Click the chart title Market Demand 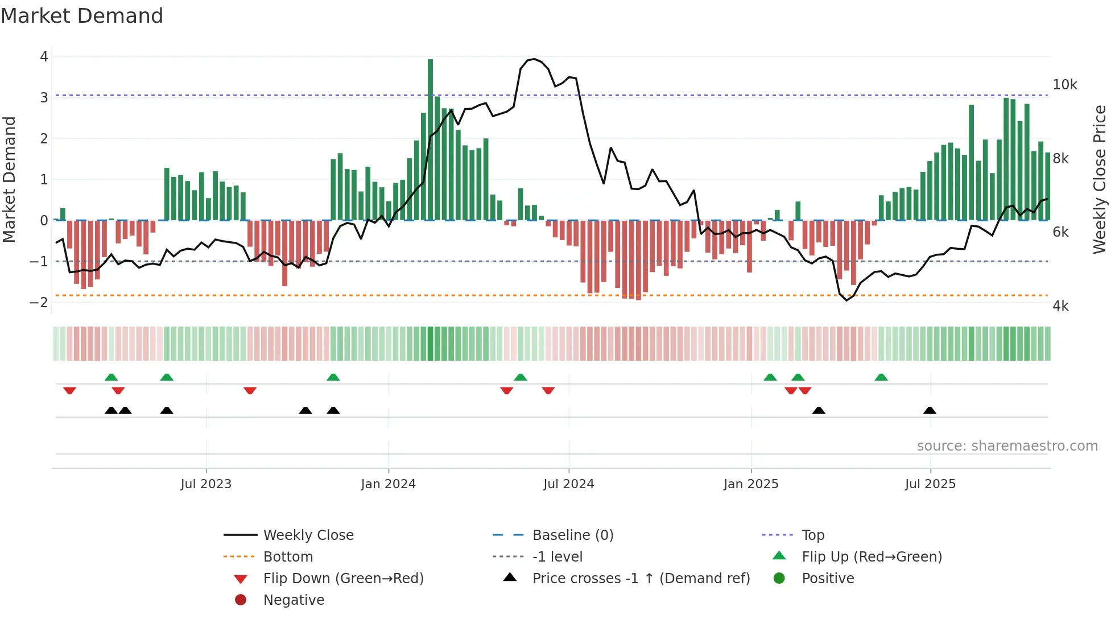(82, 16)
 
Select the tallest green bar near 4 (430, 139)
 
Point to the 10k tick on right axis (1064, 85)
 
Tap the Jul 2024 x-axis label (568, 484)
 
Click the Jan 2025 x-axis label (751, 484)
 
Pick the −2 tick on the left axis (39, 302)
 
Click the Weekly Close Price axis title (1099, 179)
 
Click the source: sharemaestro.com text (1007, 446)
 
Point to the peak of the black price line (534, 59)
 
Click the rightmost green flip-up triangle (881, 377)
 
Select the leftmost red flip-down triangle (69, 390)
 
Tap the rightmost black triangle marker (930, 410)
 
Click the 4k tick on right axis (1060, 306)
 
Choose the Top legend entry (812, 535)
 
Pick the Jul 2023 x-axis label (206, 484)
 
